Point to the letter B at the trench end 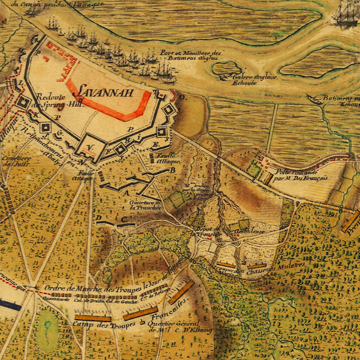(x=173, y=170)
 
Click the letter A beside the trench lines (x=126, y=193)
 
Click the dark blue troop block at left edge (x=9, y=304)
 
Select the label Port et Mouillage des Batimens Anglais (x=191, y=55)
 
